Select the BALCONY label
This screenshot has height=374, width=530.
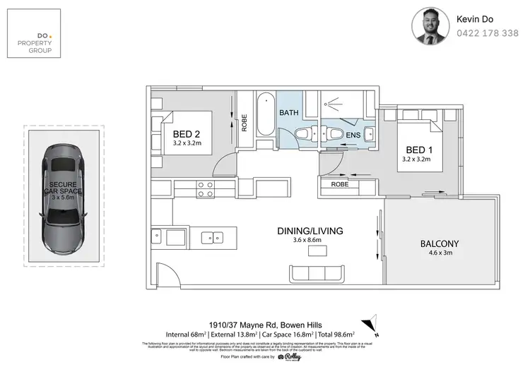440,244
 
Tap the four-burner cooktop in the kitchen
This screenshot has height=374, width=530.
206,188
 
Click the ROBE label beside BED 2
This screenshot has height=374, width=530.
245,123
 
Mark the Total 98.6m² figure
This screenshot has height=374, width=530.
334,333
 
